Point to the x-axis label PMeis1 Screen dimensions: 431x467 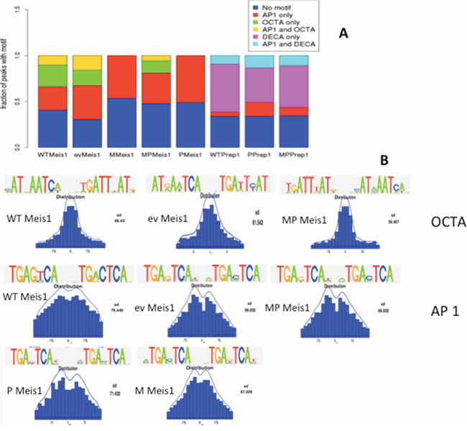(x=189, y=154)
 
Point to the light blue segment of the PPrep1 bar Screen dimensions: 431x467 (x=259, y=62)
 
